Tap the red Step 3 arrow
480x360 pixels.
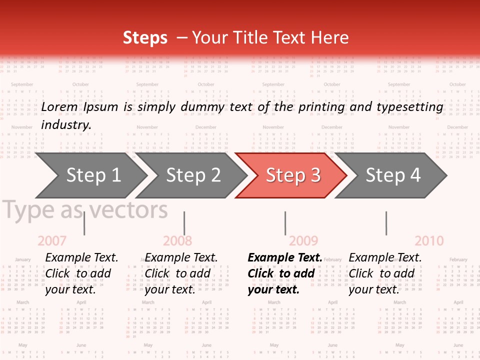(x=292, y=175)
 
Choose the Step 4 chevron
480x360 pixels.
(x=392, y=175)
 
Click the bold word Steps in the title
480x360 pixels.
(x=145, y=38)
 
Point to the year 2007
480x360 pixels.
(x=52, y=241)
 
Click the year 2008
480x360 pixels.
(x=177, y=241)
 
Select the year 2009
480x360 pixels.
(x=303, y=241)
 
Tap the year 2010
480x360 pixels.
(x=429, y=241)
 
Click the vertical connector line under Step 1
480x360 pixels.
(x=84, y=223)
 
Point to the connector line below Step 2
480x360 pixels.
(x=184, y=223)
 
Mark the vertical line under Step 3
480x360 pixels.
(x=285, y=223)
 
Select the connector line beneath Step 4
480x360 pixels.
(x=386, y=223)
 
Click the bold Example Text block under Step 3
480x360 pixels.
(x=285, y=273)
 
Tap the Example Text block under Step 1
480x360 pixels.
(x=81, y=273)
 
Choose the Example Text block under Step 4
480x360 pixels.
(x=385, y=273)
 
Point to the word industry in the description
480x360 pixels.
(x=66, y=125)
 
